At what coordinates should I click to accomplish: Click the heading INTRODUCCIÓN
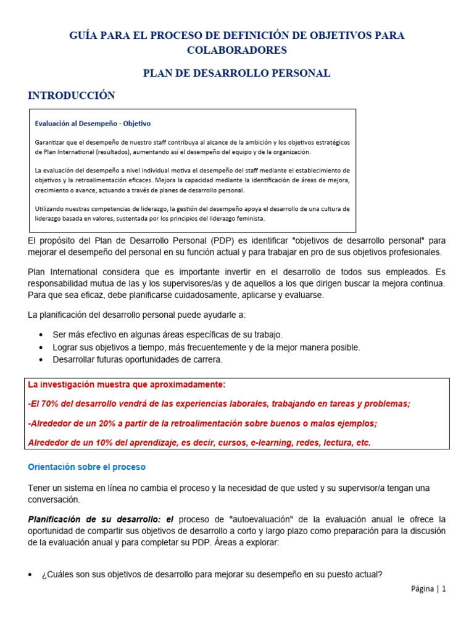(x=72, y=95)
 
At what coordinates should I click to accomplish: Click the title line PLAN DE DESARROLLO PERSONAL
(x=237, y=73)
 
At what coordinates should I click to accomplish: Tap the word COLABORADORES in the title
(x=237, y=49)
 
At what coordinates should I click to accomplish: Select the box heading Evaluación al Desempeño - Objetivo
(x=93, y=123)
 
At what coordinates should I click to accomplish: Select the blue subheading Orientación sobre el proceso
(x=87, y=467)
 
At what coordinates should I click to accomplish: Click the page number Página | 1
(x=428, y=589)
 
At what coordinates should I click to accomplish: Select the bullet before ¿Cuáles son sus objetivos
(x=31, y=575)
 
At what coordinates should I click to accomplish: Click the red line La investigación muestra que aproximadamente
(x=127, y=384)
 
